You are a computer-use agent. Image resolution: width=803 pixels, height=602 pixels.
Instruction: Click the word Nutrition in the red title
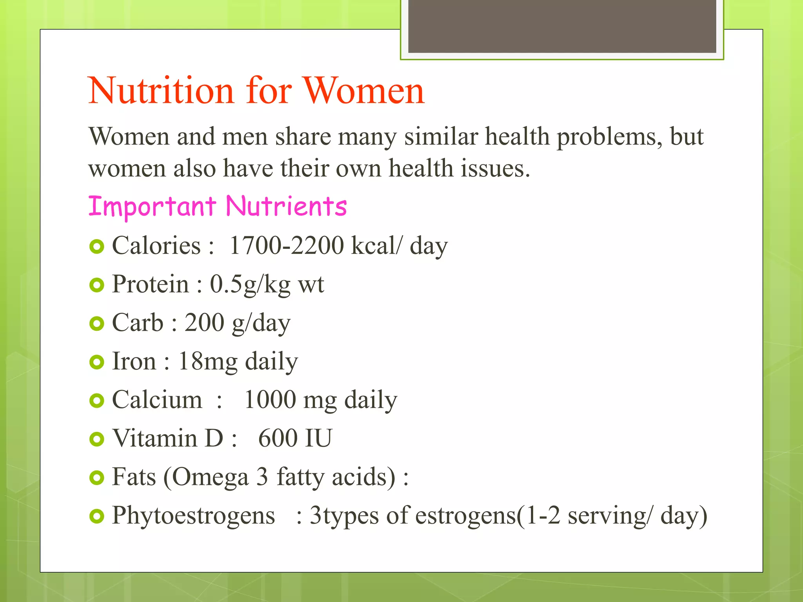click(x=161, y=91)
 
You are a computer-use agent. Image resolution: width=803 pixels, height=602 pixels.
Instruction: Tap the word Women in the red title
click(x=364, y=91)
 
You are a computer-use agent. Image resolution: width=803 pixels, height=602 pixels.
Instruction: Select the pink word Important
click(x=152, y=207)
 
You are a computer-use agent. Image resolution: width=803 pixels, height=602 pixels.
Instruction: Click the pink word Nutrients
click(x=287, y=207)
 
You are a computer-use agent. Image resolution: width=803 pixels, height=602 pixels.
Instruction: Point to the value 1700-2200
click(x=287, y=246)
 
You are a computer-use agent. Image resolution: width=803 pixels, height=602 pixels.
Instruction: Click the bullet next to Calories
click(x=96, y=247)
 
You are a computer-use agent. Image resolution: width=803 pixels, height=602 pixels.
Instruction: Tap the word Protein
click(x=151, y=284)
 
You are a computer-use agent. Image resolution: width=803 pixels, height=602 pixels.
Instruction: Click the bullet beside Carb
click(x=96, y=324)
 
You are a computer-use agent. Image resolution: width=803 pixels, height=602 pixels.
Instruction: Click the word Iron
click(x=134, y=361)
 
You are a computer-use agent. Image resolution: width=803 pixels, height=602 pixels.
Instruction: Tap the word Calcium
click(x=157, y=400)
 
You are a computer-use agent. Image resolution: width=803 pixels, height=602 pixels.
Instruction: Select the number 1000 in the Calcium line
click(x=270, y=400)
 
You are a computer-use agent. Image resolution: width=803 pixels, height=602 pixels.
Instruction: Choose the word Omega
click(x=210, y=477)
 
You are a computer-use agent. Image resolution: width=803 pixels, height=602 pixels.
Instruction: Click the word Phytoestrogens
click(x=194, y=515)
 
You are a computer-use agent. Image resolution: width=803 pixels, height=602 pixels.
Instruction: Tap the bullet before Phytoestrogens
click(x=96, y=516)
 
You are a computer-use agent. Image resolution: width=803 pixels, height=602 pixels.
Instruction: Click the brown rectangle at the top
click(x=562, y=26)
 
